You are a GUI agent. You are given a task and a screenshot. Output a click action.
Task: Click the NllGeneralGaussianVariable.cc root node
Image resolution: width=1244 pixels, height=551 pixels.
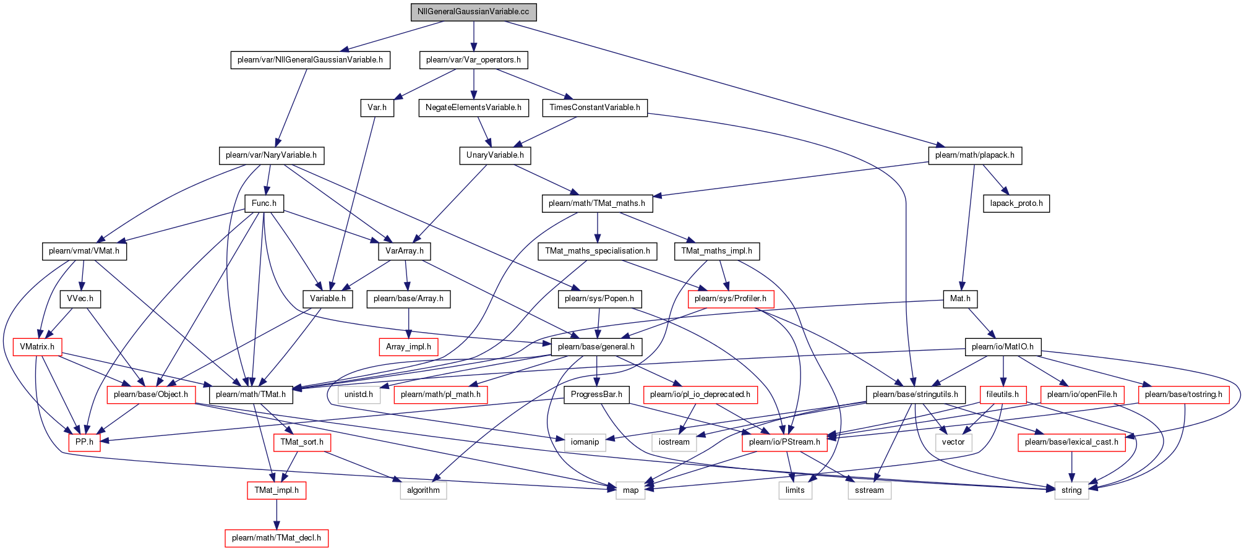[x=474, y=12]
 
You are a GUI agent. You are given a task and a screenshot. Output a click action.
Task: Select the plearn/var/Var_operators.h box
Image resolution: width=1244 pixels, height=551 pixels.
[x=473, y=60]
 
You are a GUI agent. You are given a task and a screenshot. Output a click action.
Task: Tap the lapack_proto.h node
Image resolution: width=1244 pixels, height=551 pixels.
[x=1016, y=203]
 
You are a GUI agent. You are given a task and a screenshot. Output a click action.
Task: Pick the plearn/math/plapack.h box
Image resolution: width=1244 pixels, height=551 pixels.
[x=974, y=155]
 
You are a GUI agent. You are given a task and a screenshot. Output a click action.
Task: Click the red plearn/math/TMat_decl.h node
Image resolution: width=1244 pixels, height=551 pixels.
[x=276, y=538]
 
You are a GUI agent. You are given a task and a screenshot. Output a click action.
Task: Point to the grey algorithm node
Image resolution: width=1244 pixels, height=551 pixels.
[x=423, y=490]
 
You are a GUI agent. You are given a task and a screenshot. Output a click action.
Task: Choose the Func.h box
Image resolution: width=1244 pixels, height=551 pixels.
[x=264, y=203]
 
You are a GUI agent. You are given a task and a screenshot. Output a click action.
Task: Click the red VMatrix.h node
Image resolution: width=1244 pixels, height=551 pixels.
[x=37, y=347]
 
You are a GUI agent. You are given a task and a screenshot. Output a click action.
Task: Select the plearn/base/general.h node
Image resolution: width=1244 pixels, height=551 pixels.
[x=596, y=347]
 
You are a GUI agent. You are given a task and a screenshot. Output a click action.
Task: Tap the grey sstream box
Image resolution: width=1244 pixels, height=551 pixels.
[x=869, y=490]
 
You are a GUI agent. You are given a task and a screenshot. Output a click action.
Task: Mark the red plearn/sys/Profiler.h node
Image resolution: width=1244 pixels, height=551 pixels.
[x=731, y=299]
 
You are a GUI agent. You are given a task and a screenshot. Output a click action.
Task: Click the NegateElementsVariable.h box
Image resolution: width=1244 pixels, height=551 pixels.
[x=473, y=108]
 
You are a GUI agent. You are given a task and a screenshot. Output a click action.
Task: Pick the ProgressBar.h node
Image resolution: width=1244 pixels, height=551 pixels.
[x=596, y=395]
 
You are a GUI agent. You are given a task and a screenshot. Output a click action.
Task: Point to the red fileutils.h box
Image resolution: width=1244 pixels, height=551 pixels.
[x=1003, y=395]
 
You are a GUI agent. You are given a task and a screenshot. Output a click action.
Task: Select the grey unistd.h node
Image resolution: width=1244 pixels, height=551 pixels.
[x=359, y=395]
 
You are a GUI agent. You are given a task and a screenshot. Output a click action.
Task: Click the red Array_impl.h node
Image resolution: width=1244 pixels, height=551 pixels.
[x=408, y=347]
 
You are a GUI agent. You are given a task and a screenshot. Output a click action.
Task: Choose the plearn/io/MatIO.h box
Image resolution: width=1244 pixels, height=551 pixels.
[x=1003, y=347]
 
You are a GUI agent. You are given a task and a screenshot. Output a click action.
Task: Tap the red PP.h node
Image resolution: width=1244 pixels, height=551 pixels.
[x=84, y=442]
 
